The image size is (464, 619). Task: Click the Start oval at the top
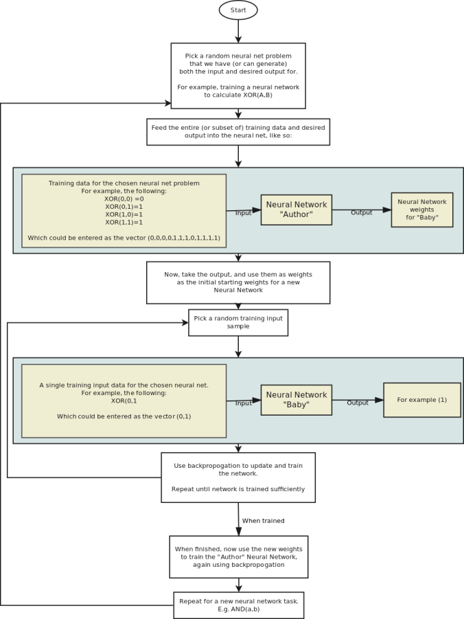coord(238,10)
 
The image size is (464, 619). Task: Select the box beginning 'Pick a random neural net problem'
coord(237,76)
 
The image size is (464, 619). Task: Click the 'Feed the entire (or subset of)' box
coord(238,132)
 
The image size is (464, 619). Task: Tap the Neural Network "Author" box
coord(297,210)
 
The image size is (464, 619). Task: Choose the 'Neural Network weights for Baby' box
coord(421,210)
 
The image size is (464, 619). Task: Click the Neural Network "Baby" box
coord(297,400)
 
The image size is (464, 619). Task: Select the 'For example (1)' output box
coord(421,400)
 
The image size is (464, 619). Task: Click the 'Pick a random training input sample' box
coord(238,322)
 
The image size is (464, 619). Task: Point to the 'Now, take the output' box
coord(238,282)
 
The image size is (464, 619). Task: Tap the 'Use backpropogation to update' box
coord(238,477)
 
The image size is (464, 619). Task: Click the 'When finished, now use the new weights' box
coord(238,556)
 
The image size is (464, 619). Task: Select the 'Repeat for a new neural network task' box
coord(238,605)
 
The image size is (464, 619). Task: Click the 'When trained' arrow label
coord(263,521)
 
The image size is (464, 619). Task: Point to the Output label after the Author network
coord(361,213)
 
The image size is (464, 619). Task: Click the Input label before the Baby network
coord(244,403)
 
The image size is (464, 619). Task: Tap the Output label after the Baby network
coord(357,403)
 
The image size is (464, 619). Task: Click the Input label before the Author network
coord(244,213)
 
